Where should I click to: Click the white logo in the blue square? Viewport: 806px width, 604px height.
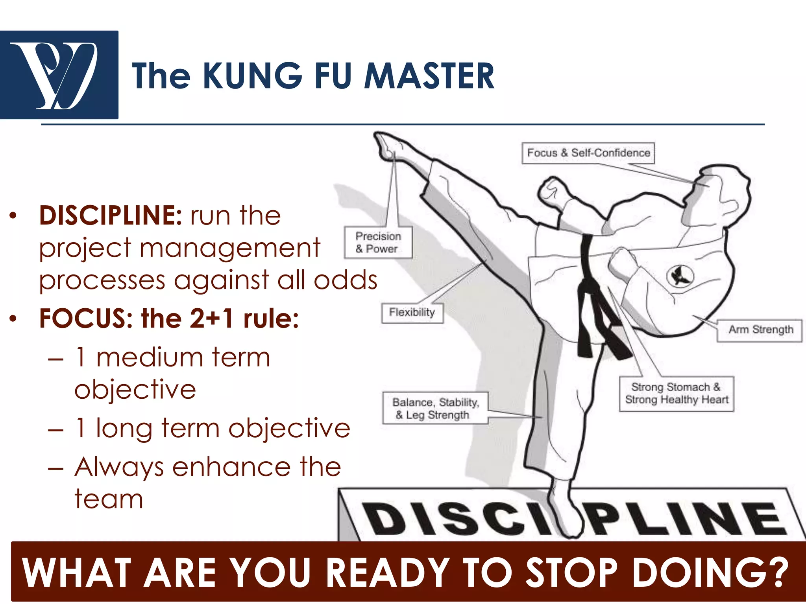59,75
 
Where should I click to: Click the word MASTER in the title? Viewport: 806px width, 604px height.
429,75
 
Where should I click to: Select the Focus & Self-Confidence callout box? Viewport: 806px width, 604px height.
588,153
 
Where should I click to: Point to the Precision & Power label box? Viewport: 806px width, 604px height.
378,242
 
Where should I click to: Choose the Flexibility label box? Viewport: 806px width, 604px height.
412,313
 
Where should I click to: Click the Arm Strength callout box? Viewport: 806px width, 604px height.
760,330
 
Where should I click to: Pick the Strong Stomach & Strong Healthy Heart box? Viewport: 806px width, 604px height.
677,394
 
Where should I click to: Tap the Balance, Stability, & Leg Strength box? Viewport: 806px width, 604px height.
435,409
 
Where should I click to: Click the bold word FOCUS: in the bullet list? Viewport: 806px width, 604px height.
86,318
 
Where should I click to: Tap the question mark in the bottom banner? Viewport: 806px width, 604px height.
778,573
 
